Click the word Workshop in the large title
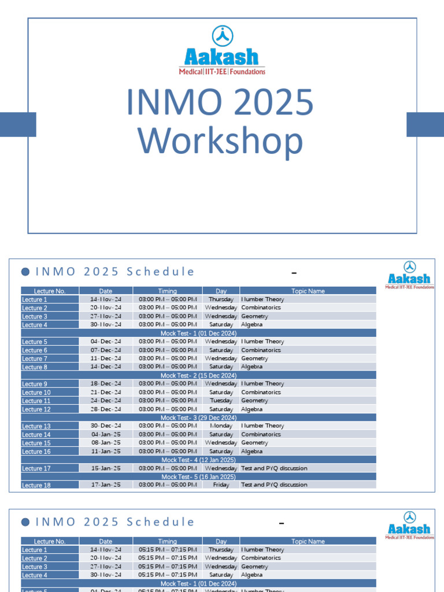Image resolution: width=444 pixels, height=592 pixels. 220,142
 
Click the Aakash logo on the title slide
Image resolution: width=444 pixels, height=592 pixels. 222,50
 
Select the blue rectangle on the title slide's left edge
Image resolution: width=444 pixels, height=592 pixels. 18,124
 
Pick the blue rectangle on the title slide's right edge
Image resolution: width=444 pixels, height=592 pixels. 425,124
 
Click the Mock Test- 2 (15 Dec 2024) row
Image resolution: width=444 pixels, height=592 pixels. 198,375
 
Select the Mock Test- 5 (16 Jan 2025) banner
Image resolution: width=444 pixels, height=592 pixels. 198,477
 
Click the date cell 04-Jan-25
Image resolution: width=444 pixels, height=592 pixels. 106,434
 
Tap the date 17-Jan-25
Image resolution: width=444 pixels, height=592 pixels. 106,485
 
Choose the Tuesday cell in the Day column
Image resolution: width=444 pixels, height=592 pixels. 221,401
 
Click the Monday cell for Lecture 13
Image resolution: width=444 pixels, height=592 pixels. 221,426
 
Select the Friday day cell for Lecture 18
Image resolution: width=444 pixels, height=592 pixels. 221,485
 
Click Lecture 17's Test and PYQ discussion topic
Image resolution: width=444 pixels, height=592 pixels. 274,468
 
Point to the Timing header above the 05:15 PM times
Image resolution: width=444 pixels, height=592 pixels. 168,542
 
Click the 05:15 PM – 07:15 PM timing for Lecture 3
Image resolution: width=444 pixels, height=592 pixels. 168,567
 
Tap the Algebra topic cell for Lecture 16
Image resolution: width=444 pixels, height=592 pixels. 252,452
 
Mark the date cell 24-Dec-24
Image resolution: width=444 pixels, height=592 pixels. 106,401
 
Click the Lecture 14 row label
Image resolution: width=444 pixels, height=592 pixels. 36,435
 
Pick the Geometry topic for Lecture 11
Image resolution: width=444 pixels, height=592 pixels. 254,401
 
